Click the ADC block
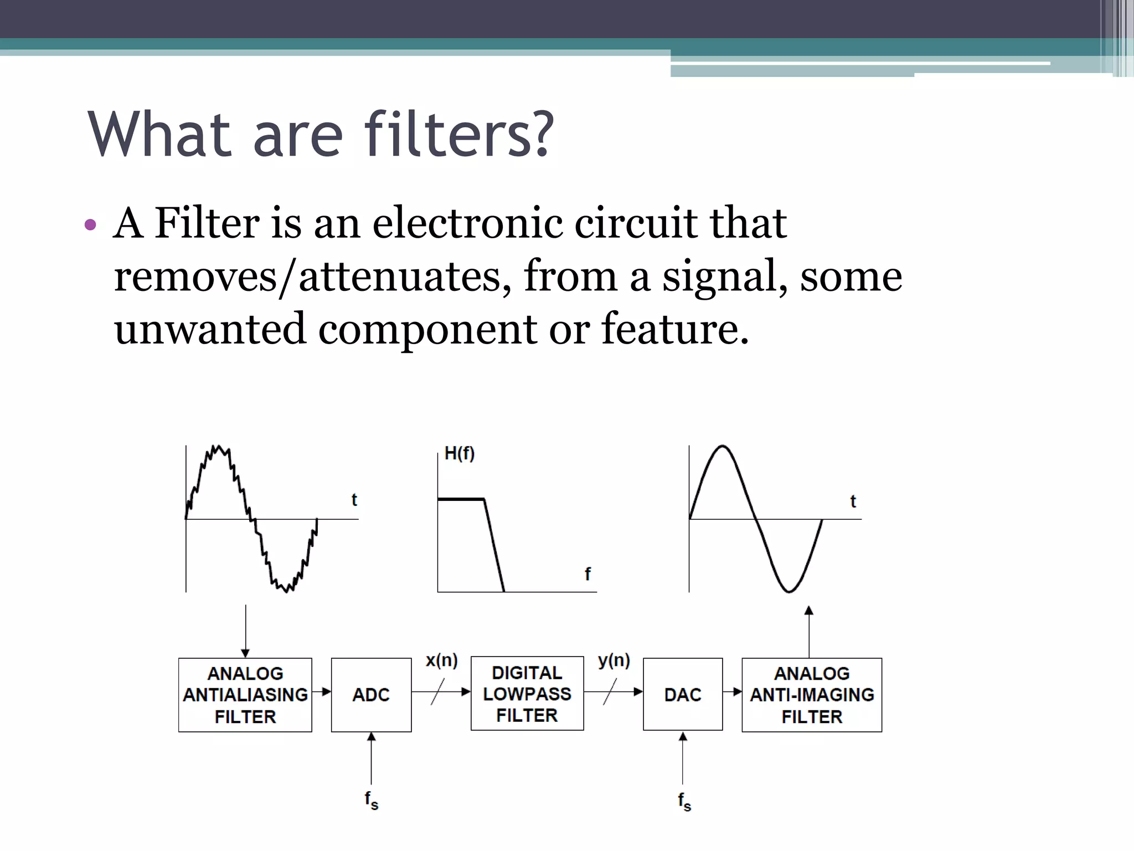click(371, 695)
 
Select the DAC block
click(683, 695)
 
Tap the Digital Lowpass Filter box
click(527, 694)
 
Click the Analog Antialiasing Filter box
click(245, 695)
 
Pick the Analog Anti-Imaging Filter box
click(812, 695)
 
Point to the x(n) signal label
click(442, 660)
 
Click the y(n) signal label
click(614, 660)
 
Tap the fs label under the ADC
click(372, 800)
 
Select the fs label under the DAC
click(685, 801)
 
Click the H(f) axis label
click(460, 454)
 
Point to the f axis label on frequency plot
click(587, 573)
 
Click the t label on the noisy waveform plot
click(354, 500)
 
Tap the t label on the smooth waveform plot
click(853, 501)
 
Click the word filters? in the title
click(459, 134)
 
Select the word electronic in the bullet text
click(467, 223)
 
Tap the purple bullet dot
click(90, 225)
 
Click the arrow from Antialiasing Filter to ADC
click(322, 691)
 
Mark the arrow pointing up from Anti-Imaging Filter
click(809, 632)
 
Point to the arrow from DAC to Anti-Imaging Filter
click(733, 691)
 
